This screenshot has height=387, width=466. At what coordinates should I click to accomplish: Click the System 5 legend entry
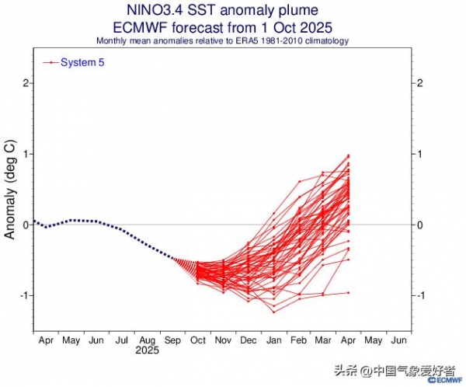[x=82, y=63]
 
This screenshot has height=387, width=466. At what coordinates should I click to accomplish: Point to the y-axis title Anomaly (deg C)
[x=10, y=190]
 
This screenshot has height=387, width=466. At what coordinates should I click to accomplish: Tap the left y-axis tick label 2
[x=26, y=83]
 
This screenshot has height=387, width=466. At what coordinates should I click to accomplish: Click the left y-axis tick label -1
[x=23, y=296]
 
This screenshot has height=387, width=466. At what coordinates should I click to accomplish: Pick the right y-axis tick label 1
[x=420, y=154]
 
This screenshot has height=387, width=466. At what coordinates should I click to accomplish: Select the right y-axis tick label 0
[x=420, y=225]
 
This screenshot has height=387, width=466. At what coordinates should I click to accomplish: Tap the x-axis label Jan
[x=273, y=340]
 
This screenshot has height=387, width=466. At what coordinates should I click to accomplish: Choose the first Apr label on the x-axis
[x=45, y=340]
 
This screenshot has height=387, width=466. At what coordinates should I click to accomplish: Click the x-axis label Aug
[x=147, y=340]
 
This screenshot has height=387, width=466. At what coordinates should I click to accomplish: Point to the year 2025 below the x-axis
[x=147, y=351]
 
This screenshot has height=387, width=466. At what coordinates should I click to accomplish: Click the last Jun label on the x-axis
[x=400, y=340]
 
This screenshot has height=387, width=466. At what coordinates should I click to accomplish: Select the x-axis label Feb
[x=299, y=340]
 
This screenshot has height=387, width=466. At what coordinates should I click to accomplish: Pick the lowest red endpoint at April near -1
[x=349, y=292]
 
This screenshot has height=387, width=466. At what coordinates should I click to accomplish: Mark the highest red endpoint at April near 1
[x=349, y=155]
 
